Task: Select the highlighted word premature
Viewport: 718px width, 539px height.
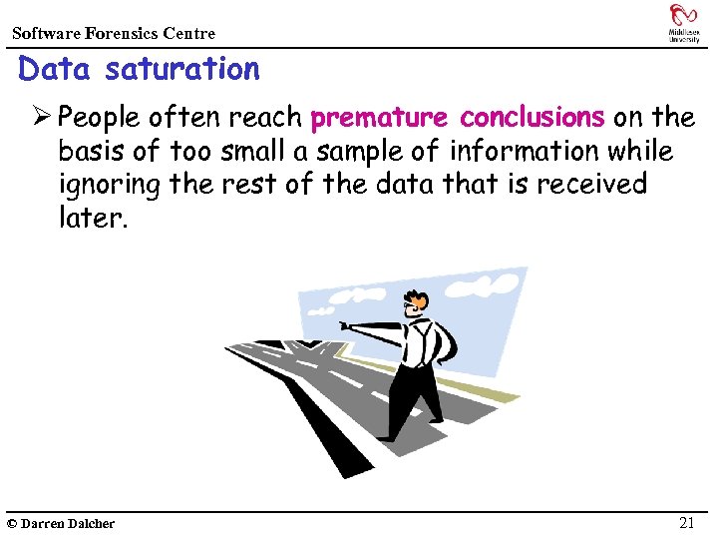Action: coord(380,118)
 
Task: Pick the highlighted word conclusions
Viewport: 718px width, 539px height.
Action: coord(532,118)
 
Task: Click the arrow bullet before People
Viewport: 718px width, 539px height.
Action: coord(41,118)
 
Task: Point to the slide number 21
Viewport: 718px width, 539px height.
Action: coord(686,522)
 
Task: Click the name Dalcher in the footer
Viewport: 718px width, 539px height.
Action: coord(91,523)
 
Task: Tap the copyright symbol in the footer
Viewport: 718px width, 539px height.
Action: coord(11,523)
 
